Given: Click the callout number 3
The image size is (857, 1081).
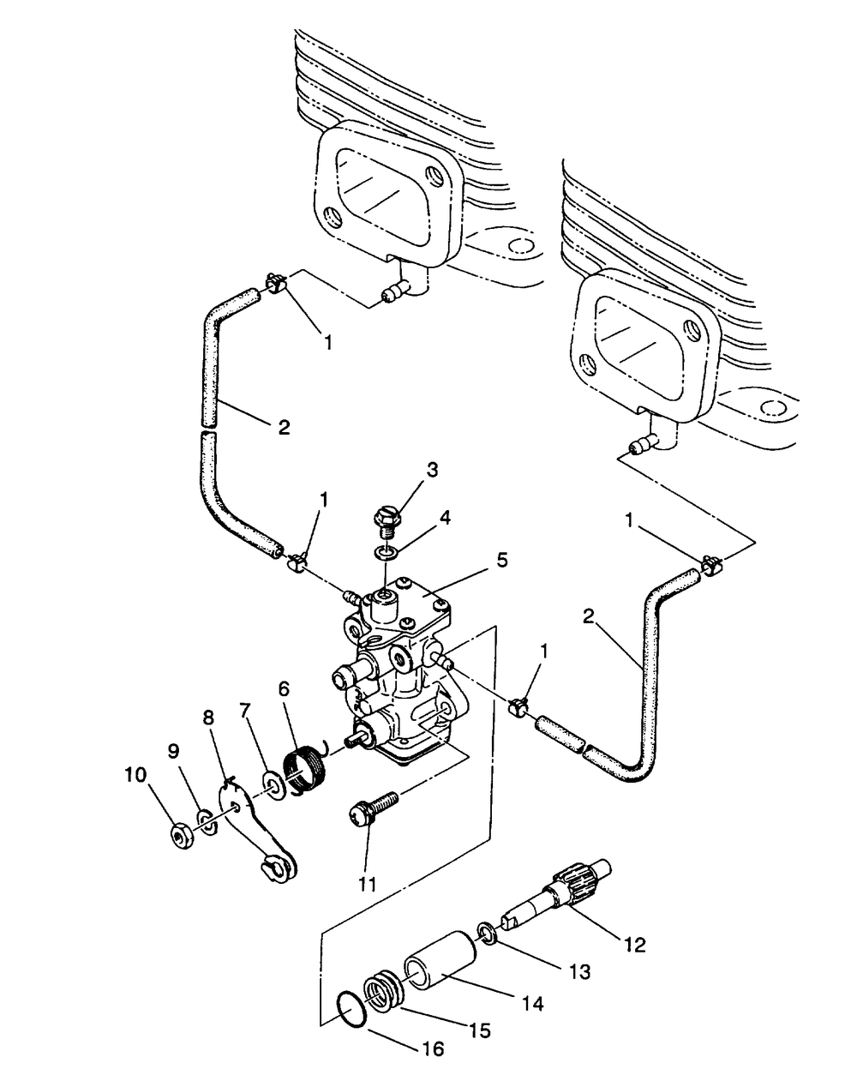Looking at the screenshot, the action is tap(432, 471).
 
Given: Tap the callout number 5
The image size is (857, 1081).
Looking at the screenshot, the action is tap(502, 560).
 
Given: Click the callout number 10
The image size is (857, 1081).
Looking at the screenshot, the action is tap(135, 775).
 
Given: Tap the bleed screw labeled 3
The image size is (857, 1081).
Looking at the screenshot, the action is tap(387, 523).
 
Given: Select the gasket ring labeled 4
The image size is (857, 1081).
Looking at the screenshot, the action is tap(386, 553).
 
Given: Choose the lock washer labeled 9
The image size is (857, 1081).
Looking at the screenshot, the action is tap(207, 823).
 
